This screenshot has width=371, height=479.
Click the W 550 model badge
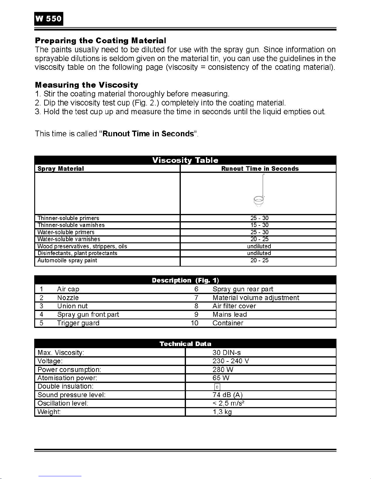(48, 19)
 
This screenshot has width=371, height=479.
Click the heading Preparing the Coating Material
(101, 40)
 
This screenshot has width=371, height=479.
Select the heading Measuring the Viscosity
(87, 85)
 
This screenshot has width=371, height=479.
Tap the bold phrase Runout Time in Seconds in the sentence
(148, 134)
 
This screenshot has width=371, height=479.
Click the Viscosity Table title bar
(185, 160)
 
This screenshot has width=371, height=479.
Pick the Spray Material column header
(61, 169)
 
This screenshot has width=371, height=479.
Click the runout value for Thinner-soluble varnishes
(259, 225)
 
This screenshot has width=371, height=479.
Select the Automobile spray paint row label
(67, 261)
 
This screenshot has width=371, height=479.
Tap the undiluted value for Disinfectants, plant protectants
(259, 253)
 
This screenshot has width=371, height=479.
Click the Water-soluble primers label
(66, 232)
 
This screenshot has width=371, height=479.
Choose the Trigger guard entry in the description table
(78, 323)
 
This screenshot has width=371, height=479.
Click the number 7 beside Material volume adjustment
(196, 298)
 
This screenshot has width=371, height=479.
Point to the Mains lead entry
(230, 315)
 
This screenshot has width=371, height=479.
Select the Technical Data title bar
(185, 344)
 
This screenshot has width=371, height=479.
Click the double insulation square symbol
(217, 387)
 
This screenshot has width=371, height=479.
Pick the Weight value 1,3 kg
(222, 412)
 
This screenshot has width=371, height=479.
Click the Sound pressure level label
(71, 395)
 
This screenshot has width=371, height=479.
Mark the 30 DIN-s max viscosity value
(227, 353)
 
